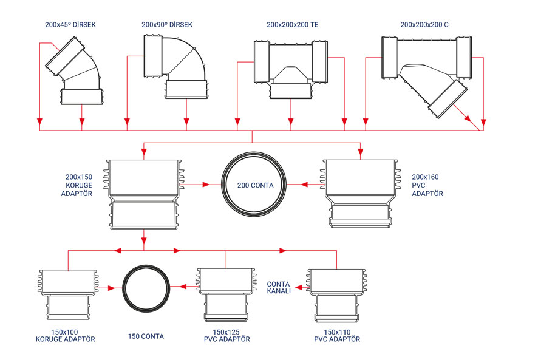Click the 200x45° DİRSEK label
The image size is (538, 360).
pos(70,25)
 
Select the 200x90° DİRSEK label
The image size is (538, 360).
pos(167,25)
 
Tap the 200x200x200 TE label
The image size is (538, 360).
pos(292,25)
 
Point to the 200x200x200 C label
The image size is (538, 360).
pos(424,25)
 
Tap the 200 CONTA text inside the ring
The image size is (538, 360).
pos(256,185)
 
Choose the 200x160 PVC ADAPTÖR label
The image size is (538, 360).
pos(427,185)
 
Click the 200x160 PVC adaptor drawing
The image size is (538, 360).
pos(360,193)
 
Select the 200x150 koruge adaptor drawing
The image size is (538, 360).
pos(144,195)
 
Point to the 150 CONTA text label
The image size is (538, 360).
pos(146,336)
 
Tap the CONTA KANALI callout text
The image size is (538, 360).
pos(279,287)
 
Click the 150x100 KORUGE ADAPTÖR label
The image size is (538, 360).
pos(65,336)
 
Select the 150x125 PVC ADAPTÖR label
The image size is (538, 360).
pos(226,336)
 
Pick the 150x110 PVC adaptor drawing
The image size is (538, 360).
pos(336,296)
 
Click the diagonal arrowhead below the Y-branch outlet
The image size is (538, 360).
pos(468,119)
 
